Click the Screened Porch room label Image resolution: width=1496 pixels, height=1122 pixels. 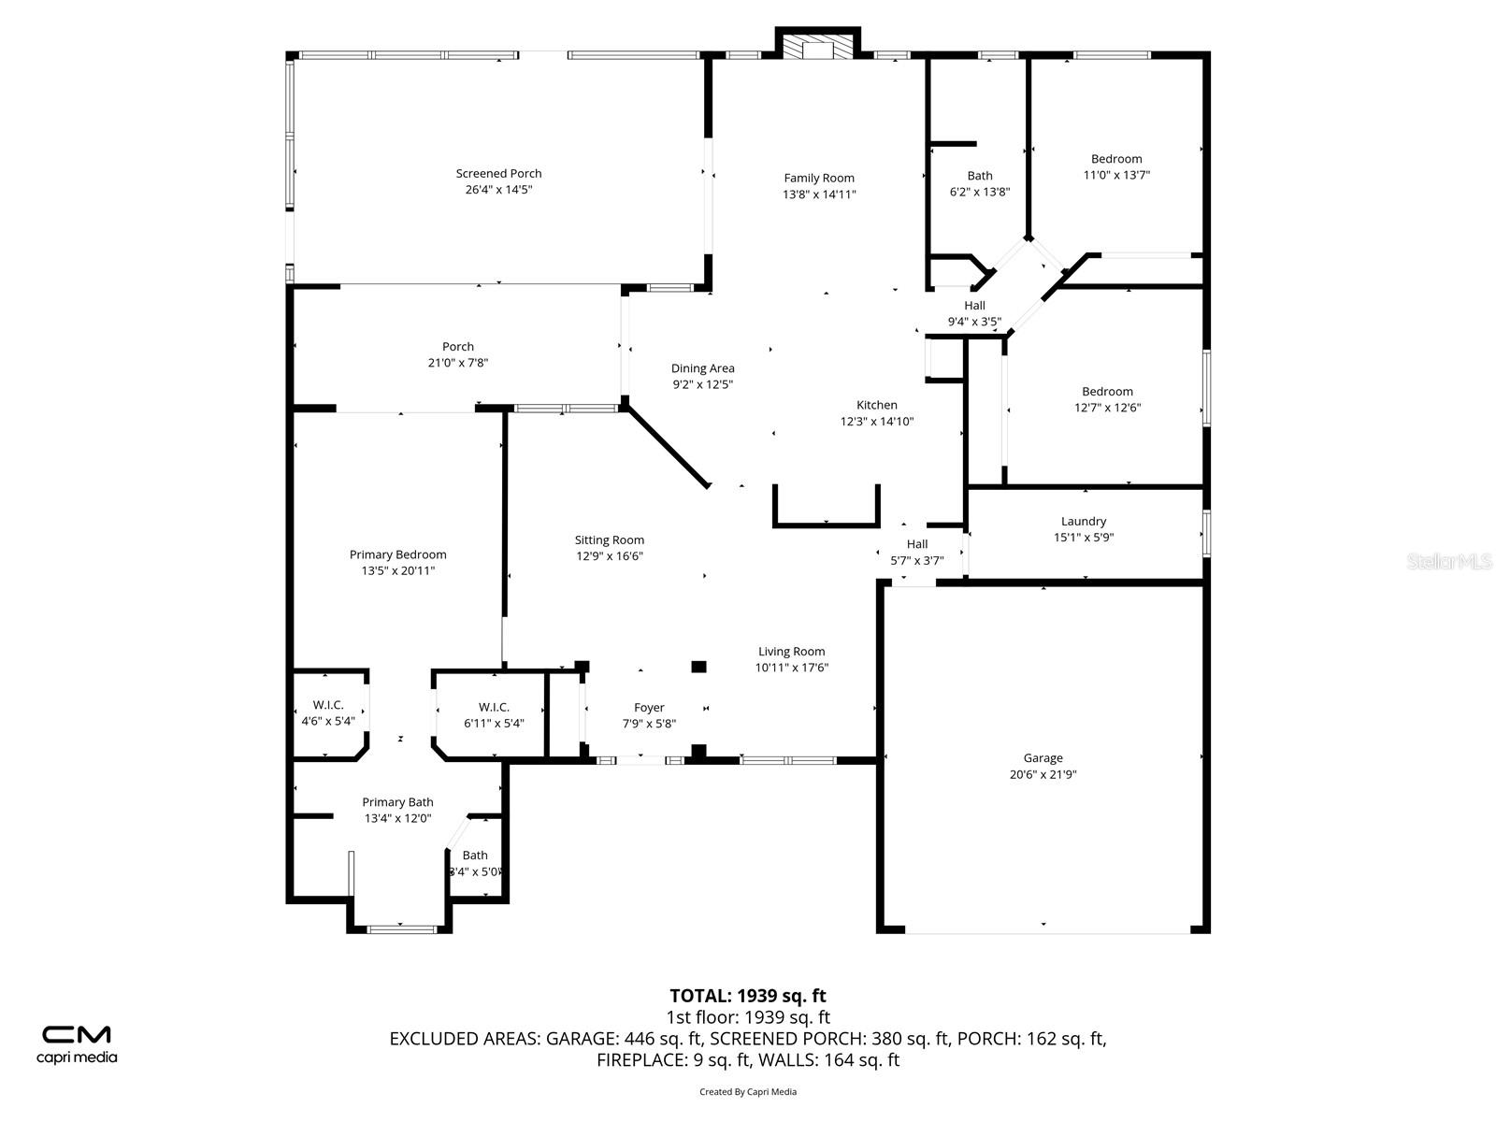click(x=498, y=173)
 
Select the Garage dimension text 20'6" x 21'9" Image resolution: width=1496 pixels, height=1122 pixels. click(x=1043, y=774)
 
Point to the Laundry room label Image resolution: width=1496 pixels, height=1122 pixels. click(x=1084, y=521)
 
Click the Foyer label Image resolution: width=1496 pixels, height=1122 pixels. click(x=649, y=708)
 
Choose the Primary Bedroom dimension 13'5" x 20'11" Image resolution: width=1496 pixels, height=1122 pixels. click(x=398, y=570)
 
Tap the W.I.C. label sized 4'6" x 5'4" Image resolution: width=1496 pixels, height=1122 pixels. click(x=328, y=705)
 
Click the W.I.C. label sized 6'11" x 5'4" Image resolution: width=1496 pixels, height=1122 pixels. click(x=494, y=707)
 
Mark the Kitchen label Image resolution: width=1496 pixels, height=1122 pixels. click(x=876, y=405)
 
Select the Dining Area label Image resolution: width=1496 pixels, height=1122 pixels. click(x=702, y=368)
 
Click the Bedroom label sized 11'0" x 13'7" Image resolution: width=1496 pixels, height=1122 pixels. click(x=1116, y=159)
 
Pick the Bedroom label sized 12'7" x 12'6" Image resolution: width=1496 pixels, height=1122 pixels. click(x=1107, y=392)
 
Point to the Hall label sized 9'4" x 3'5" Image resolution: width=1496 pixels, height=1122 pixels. click(x=974, y=306)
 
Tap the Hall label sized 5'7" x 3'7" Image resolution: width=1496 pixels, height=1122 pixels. click(x=916, y=544)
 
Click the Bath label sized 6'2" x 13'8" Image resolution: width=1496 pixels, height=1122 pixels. click(x=980, y=176)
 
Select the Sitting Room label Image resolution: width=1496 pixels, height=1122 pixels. click(x=609, y=539)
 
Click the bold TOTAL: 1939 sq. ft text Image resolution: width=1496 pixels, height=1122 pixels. click(x=748, y=996)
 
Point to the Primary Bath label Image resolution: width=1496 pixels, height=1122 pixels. click(x=397, y=802)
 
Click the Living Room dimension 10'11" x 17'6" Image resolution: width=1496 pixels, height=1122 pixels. click(x=792, y=668)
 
